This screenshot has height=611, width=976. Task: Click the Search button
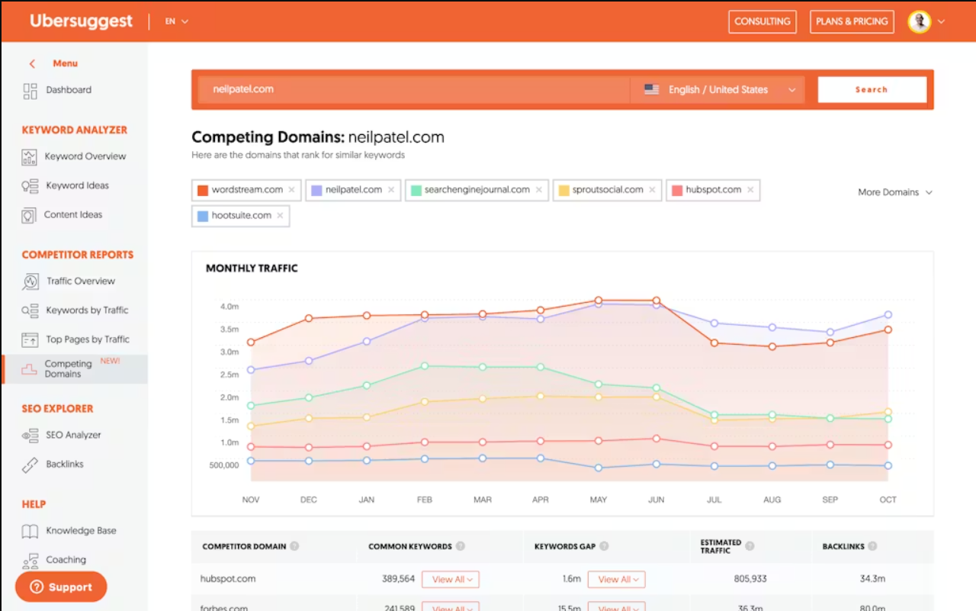pos(872,90)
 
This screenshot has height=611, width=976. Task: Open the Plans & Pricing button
pos(852,21)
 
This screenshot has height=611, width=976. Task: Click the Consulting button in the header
pos(762,21)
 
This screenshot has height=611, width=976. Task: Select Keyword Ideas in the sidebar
pos(76,185)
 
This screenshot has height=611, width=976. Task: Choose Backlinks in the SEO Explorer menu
pos(64,464)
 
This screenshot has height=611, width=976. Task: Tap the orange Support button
pos(61,587)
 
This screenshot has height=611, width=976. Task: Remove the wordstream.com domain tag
pos(291,190)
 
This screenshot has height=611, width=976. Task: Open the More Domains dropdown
pos(894,192)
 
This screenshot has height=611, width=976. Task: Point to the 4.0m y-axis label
pos(230,307)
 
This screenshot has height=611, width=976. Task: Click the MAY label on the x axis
pos(599,500)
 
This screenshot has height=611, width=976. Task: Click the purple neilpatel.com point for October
pos(888,315)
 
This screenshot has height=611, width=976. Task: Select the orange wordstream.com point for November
pos(251,342)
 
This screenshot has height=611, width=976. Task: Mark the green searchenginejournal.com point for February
pos(425,366)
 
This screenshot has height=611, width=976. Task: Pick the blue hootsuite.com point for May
pos(599,468)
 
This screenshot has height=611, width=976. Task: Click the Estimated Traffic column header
pos(721,546)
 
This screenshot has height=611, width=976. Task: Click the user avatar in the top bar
pos(920,21)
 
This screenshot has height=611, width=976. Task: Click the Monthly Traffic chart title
pos(252,269)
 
